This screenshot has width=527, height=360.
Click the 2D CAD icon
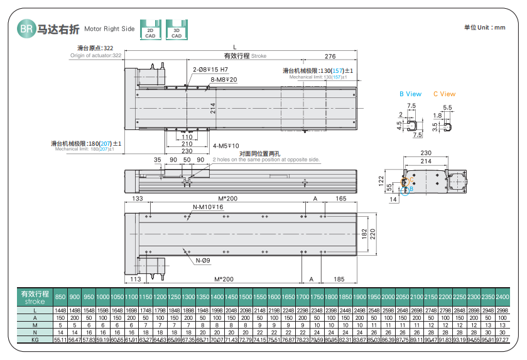pyautogui.click(x=150, y=30)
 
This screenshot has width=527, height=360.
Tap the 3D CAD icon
pyautogui.click(x=177, y=30)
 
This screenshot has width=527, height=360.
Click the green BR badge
pyautogui.click(x=26, y=29)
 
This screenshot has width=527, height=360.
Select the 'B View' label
pyautogui.click(x=411, y=94)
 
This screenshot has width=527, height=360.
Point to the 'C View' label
pyautogui.click(x=444, y=94)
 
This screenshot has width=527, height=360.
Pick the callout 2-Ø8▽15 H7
pyautogui.click(x=210, y=70)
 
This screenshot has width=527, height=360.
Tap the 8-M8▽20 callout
pyautogui.click(x=224, y=80)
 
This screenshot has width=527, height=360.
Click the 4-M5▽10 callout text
pyautogui.click(x=225, y=146)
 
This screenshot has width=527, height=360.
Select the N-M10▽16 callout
pyautogui.click(x=207, y=207)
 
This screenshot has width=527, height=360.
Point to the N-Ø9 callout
pyautogui.click(x=203, y=261)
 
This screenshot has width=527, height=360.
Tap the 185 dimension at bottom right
pyautogui.click(x=339, y=278)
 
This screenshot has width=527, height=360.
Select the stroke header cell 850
pyautogui.click(x=60, y=297)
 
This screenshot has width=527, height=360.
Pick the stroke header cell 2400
pyautogui.click(x=503, y=297)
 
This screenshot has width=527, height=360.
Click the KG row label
pyautogui.click(x=35, y=340)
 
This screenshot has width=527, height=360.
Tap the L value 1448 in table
pyautogui.click(x=60, y=310)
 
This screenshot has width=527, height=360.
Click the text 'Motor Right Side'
pyautogui.click(x=109, y=29)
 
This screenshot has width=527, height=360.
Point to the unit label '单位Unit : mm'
pyautogui.click(x=484, y=28)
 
